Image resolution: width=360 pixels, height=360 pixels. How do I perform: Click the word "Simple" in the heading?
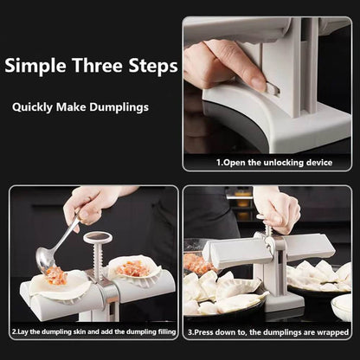37,67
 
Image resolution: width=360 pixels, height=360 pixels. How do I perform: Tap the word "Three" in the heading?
93,67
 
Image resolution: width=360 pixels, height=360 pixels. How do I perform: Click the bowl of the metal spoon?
46,257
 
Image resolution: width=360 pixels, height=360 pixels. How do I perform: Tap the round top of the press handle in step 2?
98,237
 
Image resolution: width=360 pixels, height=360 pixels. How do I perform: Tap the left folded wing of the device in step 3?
229,253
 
